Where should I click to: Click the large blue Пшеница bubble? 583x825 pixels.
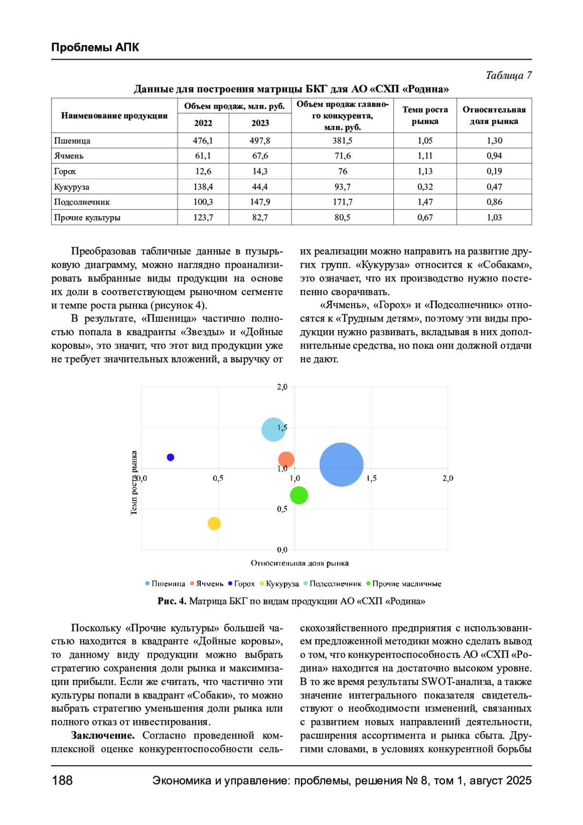[341, 464]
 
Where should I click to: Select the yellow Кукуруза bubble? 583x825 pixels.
[214, 523]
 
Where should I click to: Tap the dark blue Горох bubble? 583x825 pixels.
[171, 457]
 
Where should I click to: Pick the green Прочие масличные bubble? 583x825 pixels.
[299, 495]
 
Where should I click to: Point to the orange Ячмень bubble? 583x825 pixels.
[286, 459]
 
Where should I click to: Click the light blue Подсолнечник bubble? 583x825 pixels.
[273, 430]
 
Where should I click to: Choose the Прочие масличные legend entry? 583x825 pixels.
[406, 584]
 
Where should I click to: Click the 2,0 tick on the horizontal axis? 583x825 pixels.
[447, 478]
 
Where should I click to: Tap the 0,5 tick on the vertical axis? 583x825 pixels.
[282, 509]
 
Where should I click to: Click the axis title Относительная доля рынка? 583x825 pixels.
[300, 563]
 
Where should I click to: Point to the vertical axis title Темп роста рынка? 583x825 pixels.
[134, 482]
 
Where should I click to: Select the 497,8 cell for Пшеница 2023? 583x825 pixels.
[260, 140]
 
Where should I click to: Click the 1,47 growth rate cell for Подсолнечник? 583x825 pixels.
[425, 202]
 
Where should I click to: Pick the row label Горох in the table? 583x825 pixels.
[65, 171]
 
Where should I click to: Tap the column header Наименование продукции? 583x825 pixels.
[114, 116]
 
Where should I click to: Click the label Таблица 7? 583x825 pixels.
[509, 75]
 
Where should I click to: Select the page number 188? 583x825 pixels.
[62, 780]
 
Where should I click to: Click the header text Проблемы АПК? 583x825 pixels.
[95, 47]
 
